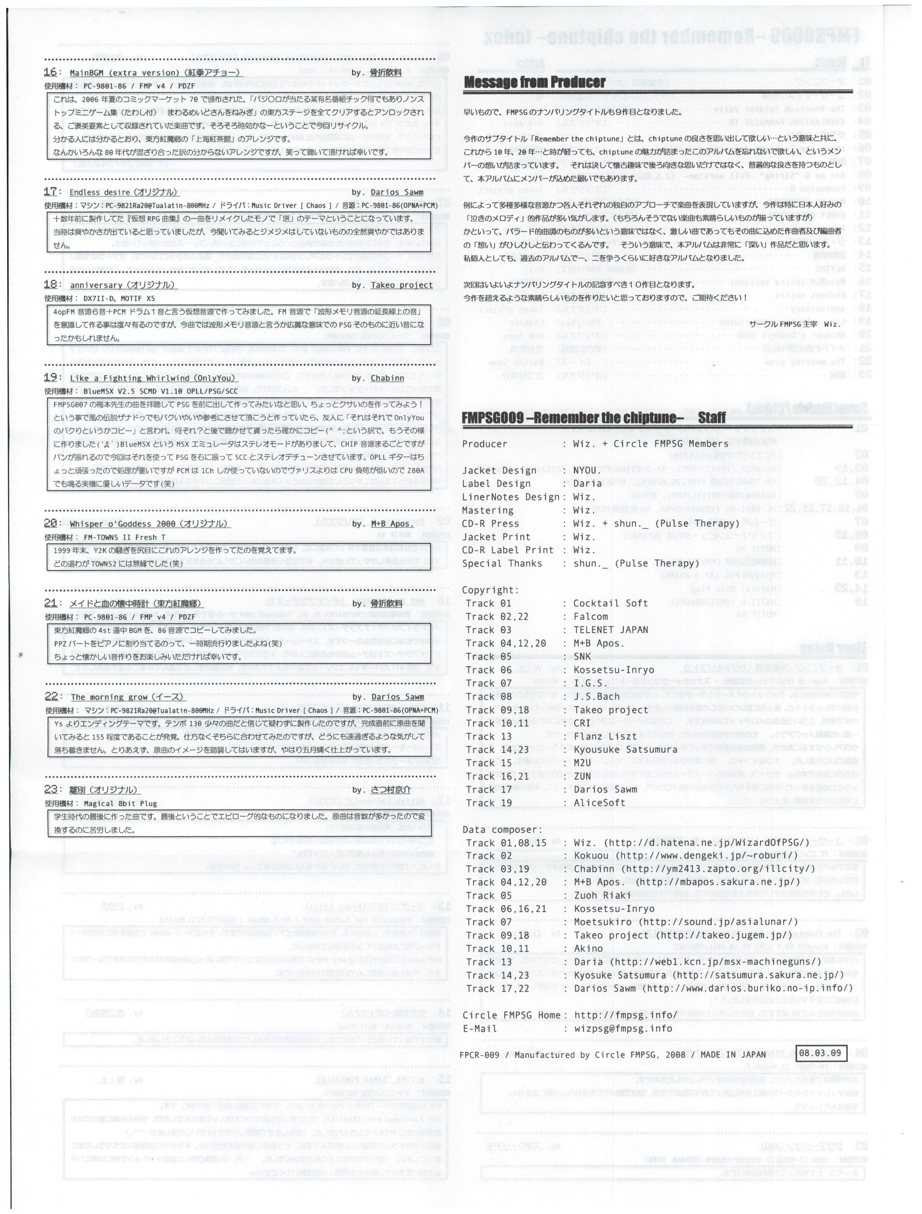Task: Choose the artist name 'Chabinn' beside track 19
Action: (x=387, y=378)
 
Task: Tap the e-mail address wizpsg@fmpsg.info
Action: (x=623, y=1029)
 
